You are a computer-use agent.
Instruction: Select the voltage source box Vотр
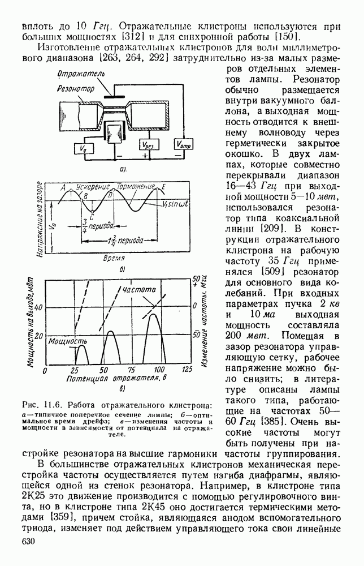point(184,144)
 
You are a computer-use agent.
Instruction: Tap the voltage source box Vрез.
point(149,144)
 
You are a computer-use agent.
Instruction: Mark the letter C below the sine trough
point(92,216)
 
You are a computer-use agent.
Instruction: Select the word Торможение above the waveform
point(136,186)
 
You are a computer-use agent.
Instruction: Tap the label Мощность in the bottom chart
point(67,341)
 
